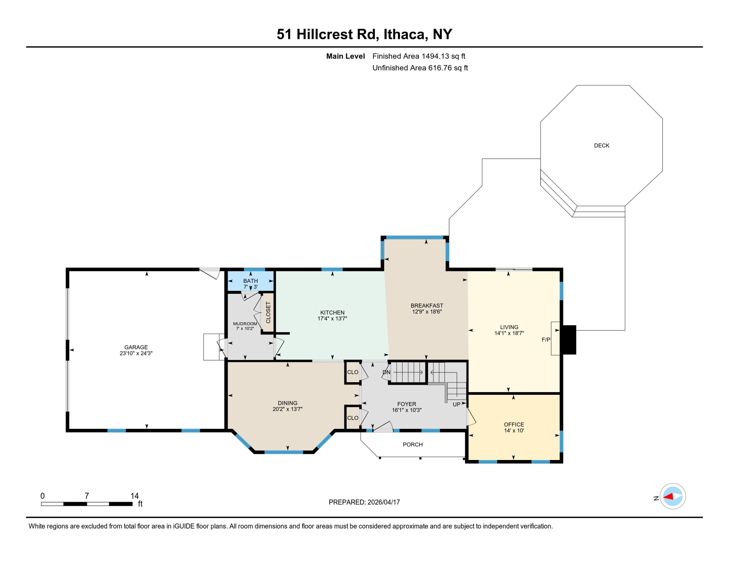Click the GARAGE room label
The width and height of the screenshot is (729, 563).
click(x=136, y=347)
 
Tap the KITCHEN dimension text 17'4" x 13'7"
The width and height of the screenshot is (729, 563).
click(x=332, y=319)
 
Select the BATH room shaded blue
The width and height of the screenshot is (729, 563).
click(x=250, y=281)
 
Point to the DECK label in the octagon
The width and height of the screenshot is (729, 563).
click(x=601, y=146)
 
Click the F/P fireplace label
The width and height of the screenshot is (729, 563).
click(x=546, y=340)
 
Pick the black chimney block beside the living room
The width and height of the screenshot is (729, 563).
click(x=569, y=340)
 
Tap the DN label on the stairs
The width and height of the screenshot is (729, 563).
click(x=386, y=372)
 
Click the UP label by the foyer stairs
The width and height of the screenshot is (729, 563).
click(x=456, y=405)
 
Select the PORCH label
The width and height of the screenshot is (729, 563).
click(x=413, y=445)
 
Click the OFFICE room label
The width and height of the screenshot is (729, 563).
click(x=514, y=424)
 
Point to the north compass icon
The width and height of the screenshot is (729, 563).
click(x=673, y=497)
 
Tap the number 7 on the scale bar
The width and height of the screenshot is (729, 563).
click(x=87, y=496)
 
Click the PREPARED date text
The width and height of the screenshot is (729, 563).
click(x=364, y=503)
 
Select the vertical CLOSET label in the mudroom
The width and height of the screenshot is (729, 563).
click(x=268, y=313)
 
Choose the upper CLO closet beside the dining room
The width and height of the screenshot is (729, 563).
click(x=353, y=372)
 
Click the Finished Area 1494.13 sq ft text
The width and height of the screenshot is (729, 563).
click(x=419, y=56)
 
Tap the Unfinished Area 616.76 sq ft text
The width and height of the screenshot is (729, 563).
click(x=420, y=68)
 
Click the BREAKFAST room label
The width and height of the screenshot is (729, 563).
click(x=427, y=305)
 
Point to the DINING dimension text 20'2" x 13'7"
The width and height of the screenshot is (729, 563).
click(x=287, y=409)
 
